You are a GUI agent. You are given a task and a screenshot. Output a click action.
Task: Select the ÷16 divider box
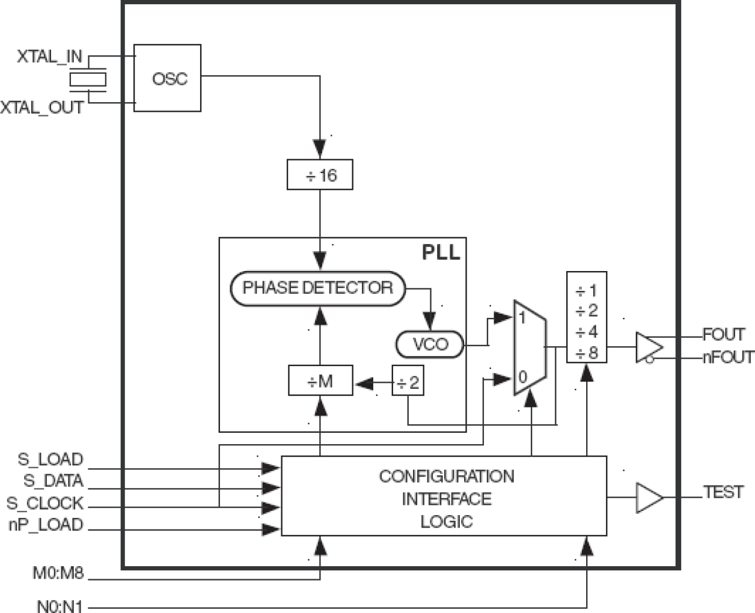pyautogui.click(x=320, y=175)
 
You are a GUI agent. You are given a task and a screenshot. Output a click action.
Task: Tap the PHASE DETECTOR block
pyautogui.click(x=317, y=288)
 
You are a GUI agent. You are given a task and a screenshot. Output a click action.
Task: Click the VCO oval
pyautogui.click(x=430, y=344)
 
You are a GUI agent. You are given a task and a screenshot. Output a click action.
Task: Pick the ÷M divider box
pyautogui.click(x=320, y=381)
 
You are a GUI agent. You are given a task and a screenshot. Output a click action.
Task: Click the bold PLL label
pyautogui.click(x=441, y=252)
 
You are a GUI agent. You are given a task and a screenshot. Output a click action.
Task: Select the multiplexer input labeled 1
pyautogui.click(x=522, y=317)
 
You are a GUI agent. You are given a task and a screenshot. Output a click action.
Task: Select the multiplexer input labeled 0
pyautogui.click(x=522, y=377)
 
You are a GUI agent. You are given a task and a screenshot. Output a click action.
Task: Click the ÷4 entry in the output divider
pyautogui.click(x=587, y=332)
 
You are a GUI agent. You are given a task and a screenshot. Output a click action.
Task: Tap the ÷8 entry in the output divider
pyautogui.click(x=587, y=353)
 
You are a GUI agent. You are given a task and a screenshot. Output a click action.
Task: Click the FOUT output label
pyautogui.click(x=723, y=334)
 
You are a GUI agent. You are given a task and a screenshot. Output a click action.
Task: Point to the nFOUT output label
pyautogui.click(x=727, y=357)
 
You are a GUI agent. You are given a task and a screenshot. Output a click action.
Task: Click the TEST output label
pyautogui.click(x=723, y=492)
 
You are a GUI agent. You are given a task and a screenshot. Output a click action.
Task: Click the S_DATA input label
pyautogui.click(x=53, y=481)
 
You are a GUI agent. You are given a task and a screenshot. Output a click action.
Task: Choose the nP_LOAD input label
pyautogui.click(x=46, y=525)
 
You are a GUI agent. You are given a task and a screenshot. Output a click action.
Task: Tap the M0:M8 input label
pyautogui.click(x=58, y=573)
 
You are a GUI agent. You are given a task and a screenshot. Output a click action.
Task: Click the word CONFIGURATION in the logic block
pyautogui.click(x=446, y=477)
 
